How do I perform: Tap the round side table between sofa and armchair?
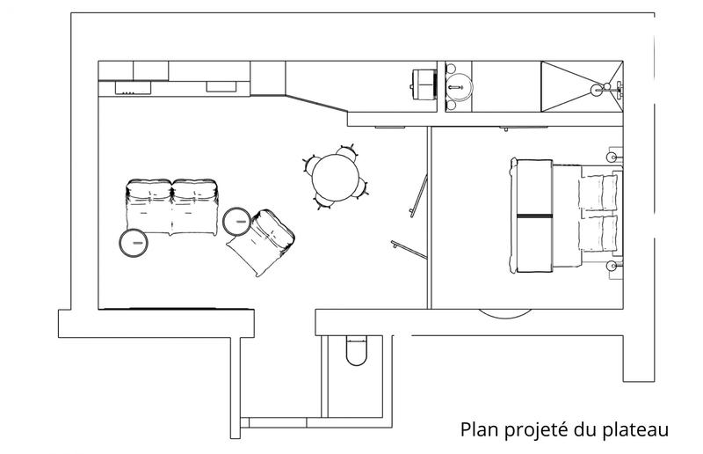(237, 221)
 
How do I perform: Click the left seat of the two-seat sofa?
(148, 206)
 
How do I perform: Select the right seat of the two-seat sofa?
(195, 206)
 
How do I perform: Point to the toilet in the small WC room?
(357, 351)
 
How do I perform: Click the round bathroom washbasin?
(458, 86)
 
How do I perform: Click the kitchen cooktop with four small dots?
(127, 87)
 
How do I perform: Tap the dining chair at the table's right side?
(362, 186)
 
